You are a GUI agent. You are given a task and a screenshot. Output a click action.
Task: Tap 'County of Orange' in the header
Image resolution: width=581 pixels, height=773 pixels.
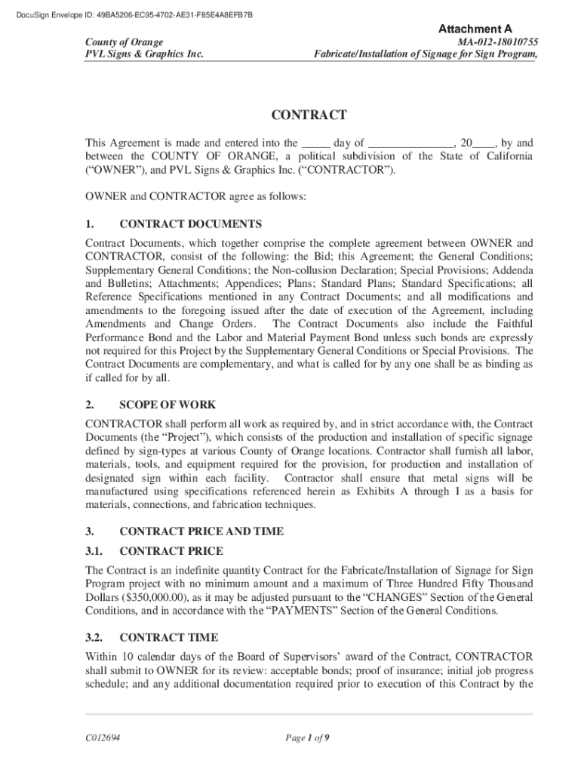(124, 42)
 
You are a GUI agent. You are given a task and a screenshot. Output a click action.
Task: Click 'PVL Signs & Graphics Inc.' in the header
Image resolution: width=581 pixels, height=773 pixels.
(143, 54)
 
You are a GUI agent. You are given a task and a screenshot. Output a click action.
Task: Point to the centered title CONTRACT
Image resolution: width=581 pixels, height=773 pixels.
(309, 115)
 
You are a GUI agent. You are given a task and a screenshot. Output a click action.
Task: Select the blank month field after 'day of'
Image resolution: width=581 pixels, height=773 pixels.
(411, 143)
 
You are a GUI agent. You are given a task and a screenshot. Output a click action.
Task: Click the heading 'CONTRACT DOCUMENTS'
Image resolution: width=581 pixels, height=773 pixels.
(191, 224)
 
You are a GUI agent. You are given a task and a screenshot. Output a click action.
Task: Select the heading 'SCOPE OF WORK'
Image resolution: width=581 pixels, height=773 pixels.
(168, 405)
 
